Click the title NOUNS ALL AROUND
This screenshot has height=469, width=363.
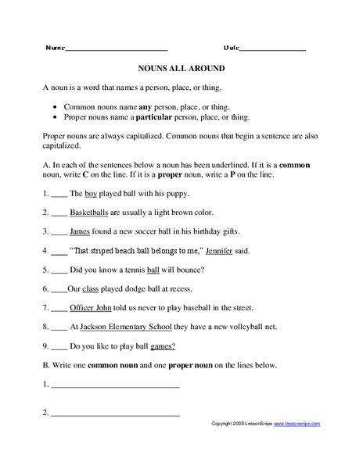(x=181, y=67)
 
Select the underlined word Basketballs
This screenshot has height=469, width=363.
(x=92, y=212)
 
